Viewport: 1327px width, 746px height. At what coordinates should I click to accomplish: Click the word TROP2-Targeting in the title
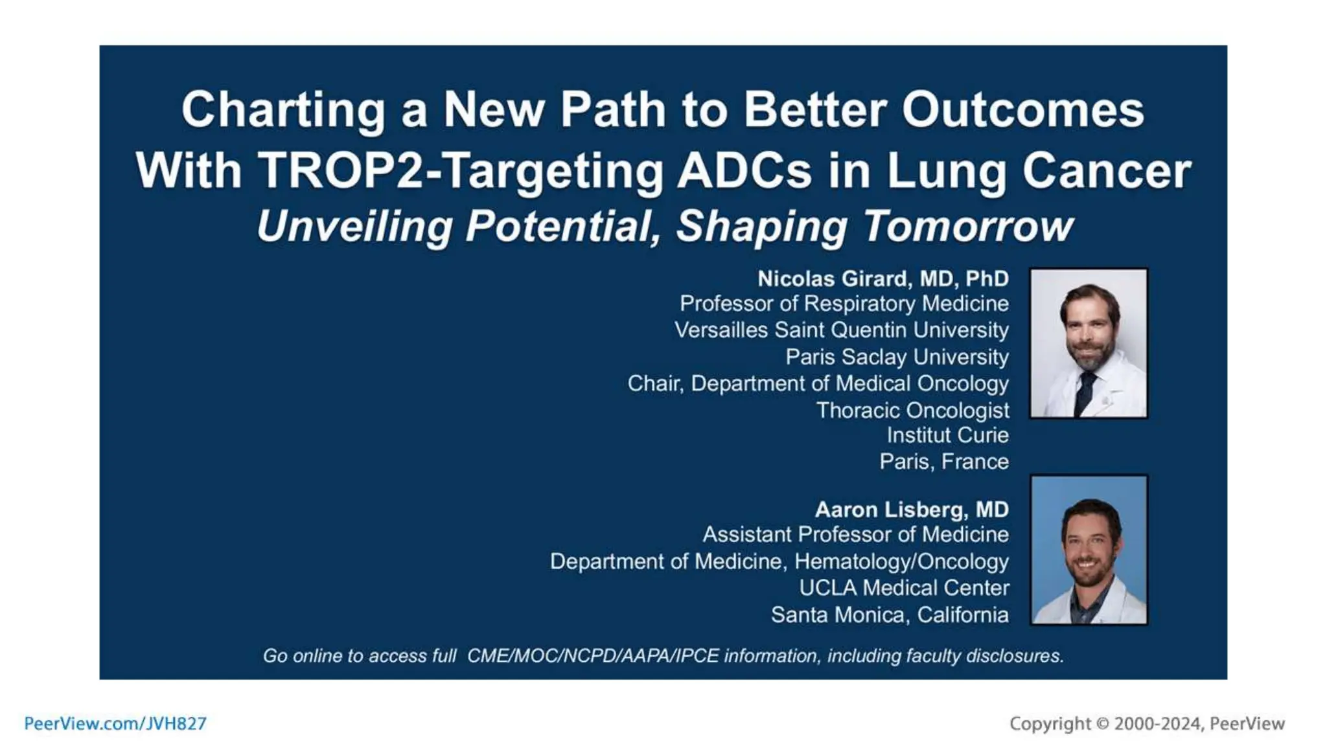pyautogui.click(x=460, y=171)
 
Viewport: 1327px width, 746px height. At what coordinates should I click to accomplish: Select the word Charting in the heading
pyautogui.click(x=283, y=109)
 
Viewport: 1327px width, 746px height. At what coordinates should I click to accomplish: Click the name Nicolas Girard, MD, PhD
pyautogui.click(x=883, y=278)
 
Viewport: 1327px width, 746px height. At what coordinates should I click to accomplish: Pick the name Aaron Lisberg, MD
pyautogui.click(x=911, y=510)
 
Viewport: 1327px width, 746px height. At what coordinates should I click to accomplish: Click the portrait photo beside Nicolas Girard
pyautogui.click(x=1089, y=343)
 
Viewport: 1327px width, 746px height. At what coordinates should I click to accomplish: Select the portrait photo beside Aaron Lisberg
pyautogui.click(x=1089, y=550)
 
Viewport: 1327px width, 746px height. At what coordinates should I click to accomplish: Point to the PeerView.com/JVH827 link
pyautogui.click(x=115, y=723)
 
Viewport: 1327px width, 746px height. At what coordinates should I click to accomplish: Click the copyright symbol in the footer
pyautogui.click(x=1102, y=723)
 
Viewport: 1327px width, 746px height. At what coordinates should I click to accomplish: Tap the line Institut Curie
pyautogui.click(x=947, y=435)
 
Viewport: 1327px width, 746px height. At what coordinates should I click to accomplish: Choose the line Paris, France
pyautogui.click(x=943, y=462)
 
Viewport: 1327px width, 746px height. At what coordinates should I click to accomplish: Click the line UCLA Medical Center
pyautogui.click(x=903, y=588)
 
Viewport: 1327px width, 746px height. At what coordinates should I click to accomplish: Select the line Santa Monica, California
pyautogui.click(x=889, y=615)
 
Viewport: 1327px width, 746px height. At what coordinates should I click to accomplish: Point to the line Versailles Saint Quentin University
pyautogui.click(x=841, y=330)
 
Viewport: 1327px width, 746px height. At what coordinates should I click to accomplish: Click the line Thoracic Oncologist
pyautogui.click(x=912, y=410)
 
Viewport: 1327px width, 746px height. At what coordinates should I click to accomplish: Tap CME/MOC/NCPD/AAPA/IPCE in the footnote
pyautogui.click(x=592, y=656)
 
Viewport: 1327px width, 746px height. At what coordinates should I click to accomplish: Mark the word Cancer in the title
pyautogui.click(x=1106, y=171)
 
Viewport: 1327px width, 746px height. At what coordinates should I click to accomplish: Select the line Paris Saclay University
pyautogui.click(x=897, y=357)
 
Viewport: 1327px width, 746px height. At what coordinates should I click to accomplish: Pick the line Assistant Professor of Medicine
pyautogui.click(x=855, y=535)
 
